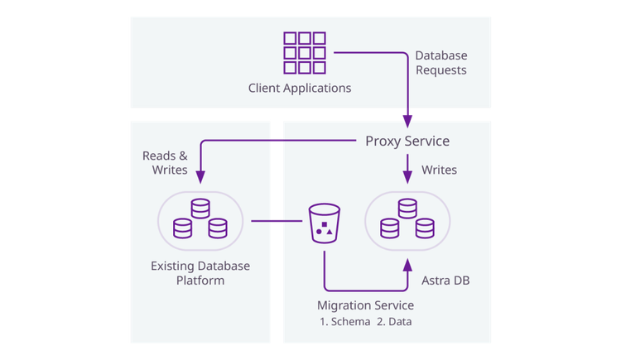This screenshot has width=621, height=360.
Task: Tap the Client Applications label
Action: click(300, 88)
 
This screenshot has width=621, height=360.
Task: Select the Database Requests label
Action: click(440, 63)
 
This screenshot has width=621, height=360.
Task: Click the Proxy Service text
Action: click(407, 142)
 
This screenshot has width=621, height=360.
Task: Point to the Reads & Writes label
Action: click(165, 162)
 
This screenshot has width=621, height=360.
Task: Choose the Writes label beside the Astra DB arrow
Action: click(439, 170)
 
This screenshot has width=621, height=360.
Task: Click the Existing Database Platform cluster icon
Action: click(200, 220)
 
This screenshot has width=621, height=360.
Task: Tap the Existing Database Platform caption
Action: click(200, 273)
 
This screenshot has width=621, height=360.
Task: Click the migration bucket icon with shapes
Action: click(324, 222)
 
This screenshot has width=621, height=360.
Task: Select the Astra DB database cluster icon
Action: click(407, 220)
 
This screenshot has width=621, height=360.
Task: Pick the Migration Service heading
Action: click(365, 306)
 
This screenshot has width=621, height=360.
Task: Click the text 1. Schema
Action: click(344, 321)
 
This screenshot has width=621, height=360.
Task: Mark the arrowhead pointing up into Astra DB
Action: click(407, 266)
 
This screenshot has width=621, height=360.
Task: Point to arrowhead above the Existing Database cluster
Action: click(200, 177)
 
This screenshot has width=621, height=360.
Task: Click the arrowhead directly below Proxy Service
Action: click(407, 177)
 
